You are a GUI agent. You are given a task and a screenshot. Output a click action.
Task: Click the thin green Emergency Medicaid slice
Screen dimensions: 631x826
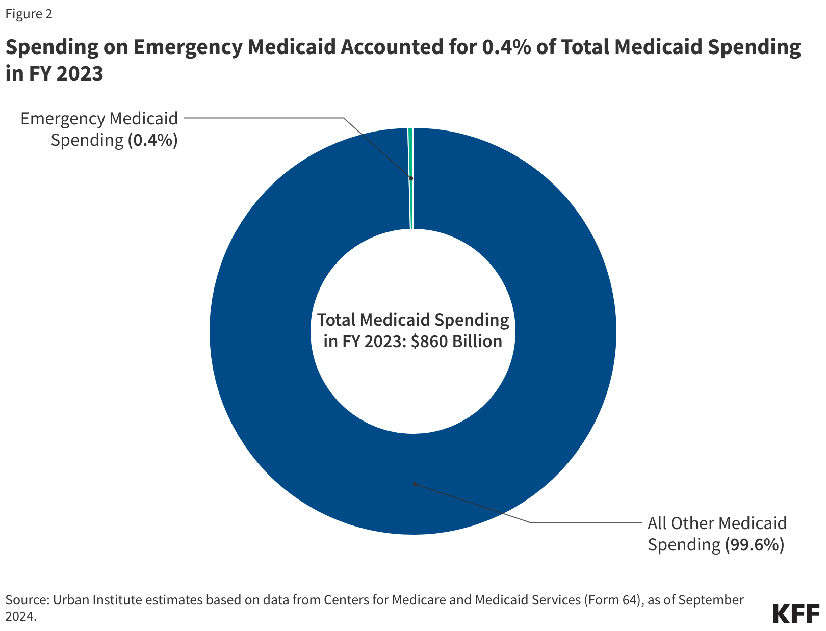(410, 153)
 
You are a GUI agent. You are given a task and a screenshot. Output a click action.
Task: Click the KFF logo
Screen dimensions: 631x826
(795, 614)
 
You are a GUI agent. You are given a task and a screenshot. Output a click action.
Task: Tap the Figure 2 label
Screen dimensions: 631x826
(29, 14)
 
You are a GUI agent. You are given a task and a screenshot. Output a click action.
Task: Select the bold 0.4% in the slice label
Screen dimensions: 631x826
(152, 140)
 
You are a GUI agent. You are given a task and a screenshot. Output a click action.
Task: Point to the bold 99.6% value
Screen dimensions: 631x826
(754, 544)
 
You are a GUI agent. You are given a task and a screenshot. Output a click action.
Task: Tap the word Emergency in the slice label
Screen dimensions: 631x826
(62, 118)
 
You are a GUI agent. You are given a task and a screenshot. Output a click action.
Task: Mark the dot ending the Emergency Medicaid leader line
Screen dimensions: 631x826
(411, 178)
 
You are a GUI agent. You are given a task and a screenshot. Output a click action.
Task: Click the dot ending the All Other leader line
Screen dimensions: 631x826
(415, 484)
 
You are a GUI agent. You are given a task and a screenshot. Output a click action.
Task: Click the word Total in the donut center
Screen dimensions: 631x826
(337, 320)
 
